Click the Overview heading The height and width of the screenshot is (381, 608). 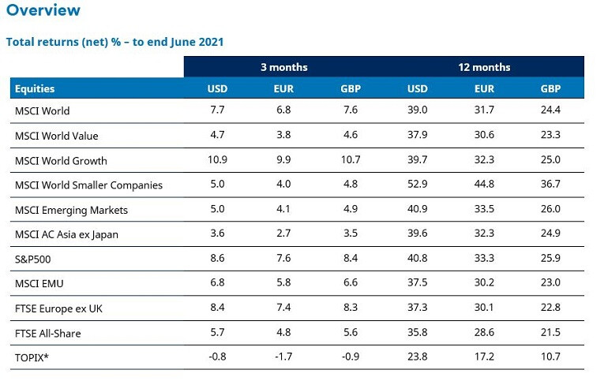tap(43, 10)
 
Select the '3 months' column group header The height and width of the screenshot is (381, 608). tap(283, 67)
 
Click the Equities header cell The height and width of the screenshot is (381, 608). tap(35, 89)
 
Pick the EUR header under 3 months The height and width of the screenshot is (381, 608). tap(284, 89)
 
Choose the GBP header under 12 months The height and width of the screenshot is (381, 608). tap(550, 89)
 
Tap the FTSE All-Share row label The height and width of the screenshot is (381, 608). tap(47, 334)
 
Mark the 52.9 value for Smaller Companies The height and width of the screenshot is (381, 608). tap(418, 185)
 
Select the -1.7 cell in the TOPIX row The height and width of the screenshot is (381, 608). tap(283, 358)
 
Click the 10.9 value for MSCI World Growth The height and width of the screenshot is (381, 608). tap(217, 161)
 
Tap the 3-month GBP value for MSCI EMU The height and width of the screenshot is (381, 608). tap(351, 284)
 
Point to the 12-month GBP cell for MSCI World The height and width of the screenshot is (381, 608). tap(550, 111)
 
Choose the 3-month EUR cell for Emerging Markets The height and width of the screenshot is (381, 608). tap(284, 211)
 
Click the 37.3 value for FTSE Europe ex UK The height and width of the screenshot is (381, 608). tap(418, 308)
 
